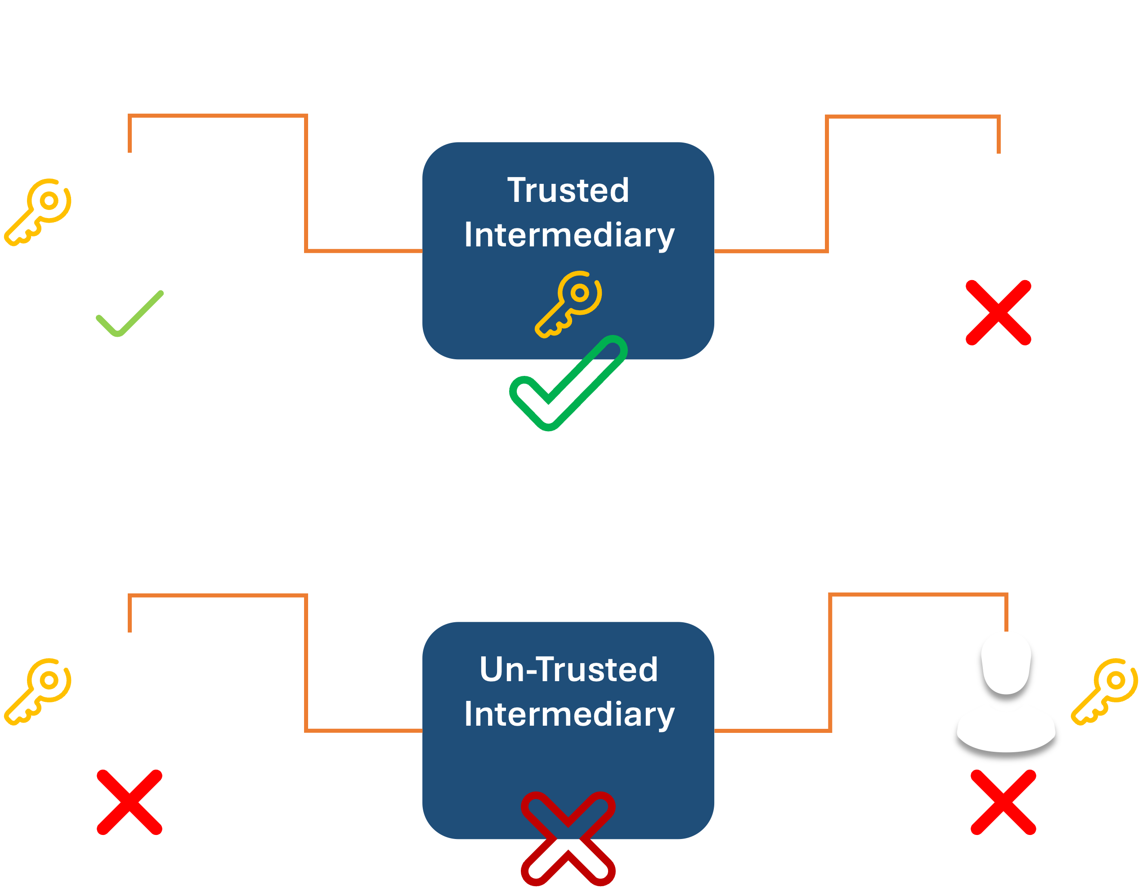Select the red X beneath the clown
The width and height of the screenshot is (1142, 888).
pyautogui.click(x=998, y=312)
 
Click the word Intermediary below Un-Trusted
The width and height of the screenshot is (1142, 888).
pyautogui.click(x=569, y=714)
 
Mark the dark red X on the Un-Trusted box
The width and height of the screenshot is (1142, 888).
pyautogui.click(x=568, y=839)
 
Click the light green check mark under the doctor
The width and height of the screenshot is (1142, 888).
pyautogui.click(x=130, y=313)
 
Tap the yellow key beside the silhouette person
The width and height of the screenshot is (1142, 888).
pyautogui.click(x=1104, y=691)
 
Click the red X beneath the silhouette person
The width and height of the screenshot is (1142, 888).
pyautogui.click(x=1003, y=802)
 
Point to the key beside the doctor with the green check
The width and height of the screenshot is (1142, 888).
pyautogui.click(x=38, y=212)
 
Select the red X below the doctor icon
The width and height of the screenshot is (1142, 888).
pyautogui.click(x=130, y=802)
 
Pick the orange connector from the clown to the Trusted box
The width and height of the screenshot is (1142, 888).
pyautogui.click(x=827, y=183)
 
